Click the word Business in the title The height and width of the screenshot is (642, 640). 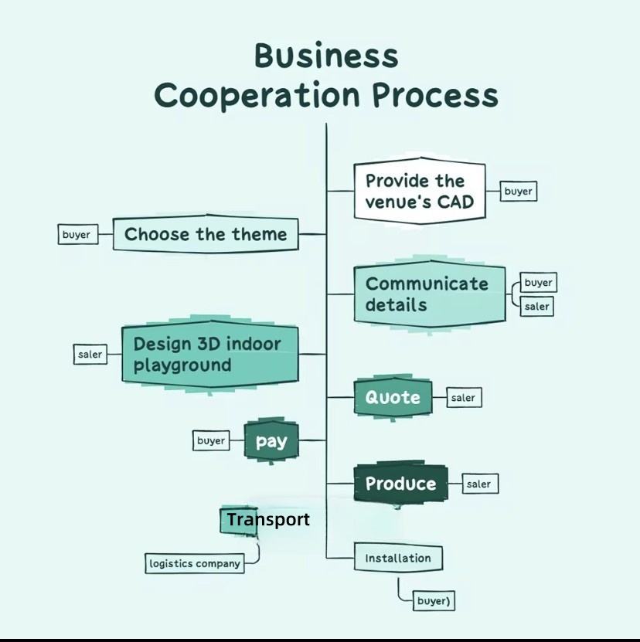tap(326, 56)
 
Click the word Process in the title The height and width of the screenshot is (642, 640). tap(434, 96)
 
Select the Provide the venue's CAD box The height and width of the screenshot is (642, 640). tap(419, 192)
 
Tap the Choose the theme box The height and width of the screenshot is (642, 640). tap(205, 234)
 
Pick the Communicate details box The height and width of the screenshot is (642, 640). tap(430, 294)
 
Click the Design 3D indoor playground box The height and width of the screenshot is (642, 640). tap(209, 355)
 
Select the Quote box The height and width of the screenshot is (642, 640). tap(393, 398)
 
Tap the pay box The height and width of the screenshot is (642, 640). tap(271, 441)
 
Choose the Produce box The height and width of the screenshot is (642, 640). tap(400, 484)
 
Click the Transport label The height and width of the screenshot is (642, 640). tap(267, 520)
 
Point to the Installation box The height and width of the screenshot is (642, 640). tap(398, 558)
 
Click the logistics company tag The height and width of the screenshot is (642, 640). tap(195, 563)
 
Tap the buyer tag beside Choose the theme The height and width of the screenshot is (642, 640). tap(78, 234)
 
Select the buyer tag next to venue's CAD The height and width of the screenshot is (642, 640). tap(518, 191)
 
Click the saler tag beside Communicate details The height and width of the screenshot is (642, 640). tap(536, 306)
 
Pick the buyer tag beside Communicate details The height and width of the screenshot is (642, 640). tap(537, 283)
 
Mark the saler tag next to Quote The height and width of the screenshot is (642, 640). tap(463, 398)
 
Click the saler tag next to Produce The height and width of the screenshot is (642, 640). tap(479, 484)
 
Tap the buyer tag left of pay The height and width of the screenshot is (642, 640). tap(211, 440)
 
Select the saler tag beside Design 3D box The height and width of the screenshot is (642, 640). tap(90, 355)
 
